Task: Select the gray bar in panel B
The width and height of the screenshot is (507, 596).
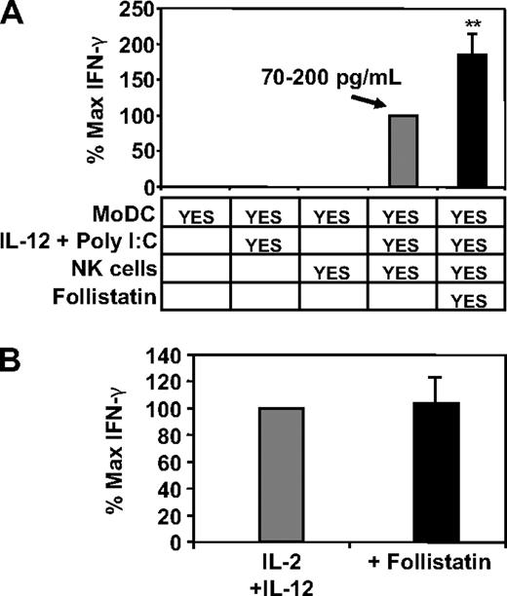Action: click(x=282, y=474)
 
